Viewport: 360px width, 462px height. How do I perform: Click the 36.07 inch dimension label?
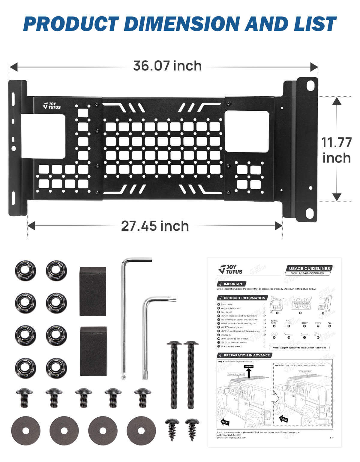(167, 66)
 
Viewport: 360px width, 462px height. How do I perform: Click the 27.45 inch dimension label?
(155, 226)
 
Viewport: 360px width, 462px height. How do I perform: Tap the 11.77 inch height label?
(336, 150)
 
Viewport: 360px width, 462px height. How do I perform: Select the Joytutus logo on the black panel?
(52, 106)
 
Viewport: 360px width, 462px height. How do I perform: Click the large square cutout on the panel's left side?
(43, 136)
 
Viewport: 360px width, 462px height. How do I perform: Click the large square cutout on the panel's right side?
(247, 131)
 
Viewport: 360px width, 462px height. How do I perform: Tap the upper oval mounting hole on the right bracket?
(309, 86)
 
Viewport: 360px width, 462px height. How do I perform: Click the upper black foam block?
(93, 291)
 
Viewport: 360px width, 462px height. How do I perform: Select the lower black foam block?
(93, 351)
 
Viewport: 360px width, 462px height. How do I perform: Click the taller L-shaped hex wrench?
(124, 318)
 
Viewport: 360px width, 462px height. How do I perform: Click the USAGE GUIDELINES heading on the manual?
(309, 268)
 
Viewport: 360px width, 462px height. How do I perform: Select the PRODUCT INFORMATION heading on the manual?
(244, 298)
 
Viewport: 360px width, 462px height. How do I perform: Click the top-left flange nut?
(25, 271)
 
